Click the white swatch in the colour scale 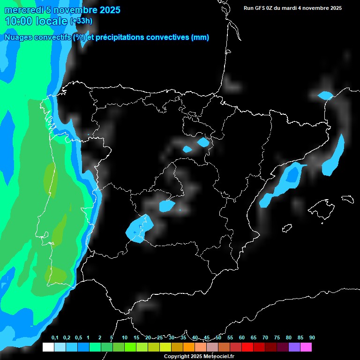point(48,347)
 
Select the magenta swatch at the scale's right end point(306,347)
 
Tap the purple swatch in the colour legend point(294,347)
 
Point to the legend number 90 point(312,338)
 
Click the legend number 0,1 point(55,338)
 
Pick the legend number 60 point(242,338)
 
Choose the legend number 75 point(277,338)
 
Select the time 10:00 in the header point(19,21)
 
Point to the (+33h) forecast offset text point(81,21)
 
